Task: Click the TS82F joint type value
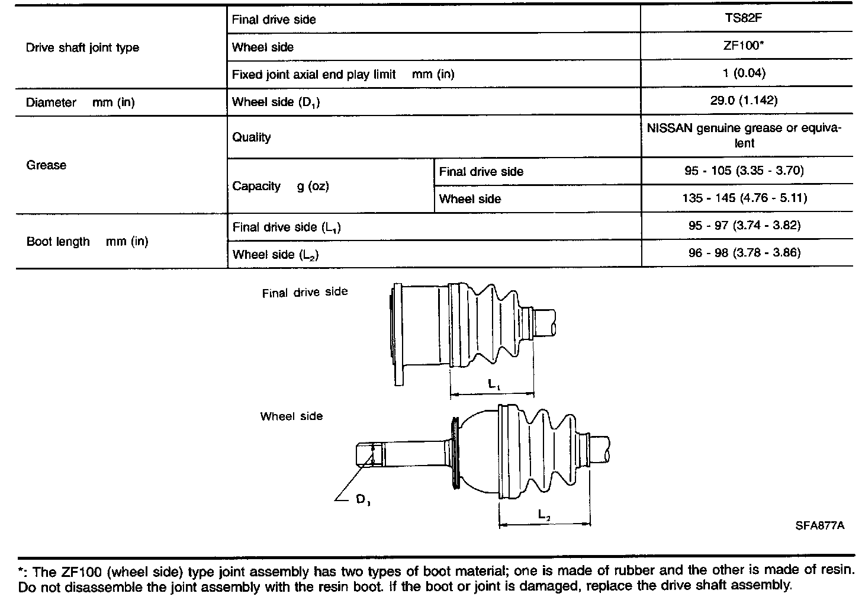[x=744, y=18]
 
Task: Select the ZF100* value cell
[x=744, y=46]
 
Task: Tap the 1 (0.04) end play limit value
[x=744, y=73]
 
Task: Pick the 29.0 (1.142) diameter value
[x=744, y=101]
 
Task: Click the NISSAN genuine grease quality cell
[x=744, y=136]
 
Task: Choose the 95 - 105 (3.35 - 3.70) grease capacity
[x=744, y=171]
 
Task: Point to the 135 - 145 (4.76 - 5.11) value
[x=744, y=198]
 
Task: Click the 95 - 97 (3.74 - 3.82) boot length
[x=744, y=226]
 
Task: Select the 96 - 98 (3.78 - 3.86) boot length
[x=744, y=254]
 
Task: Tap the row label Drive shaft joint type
[x=82, y=48]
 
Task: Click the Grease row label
[x=46, y=165]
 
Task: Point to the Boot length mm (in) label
[x=87, y=242]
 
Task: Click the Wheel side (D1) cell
[x=276, y=102]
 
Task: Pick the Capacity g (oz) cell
[x=280, y=187]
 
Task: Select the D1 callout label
[x=363, y=501]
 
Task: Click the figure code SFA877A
[x=820, y=525]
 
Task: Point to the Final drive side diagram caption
[x=305, y=293]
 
